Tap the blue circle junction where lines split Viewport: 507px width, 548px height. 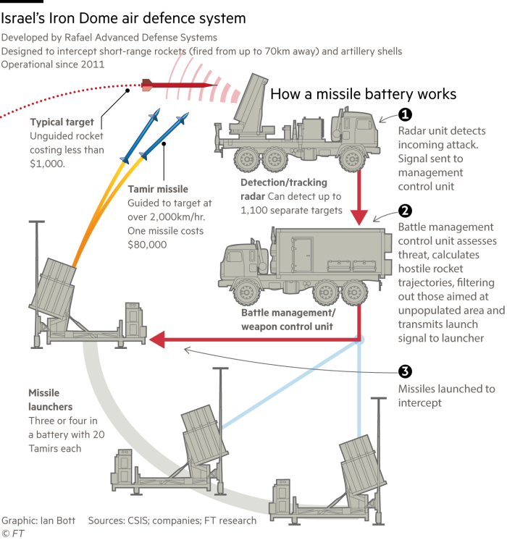(x=359, y=340)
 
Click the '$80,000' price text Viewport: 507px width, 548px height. (x=148, y=245)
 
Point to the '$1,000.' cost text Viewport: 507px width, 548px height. (x=48, y=164)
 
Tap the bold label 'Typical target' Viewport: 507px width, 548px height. (x=62, y=122)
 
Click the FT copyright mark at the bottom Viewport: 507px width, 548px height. (x=10, y=534)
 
